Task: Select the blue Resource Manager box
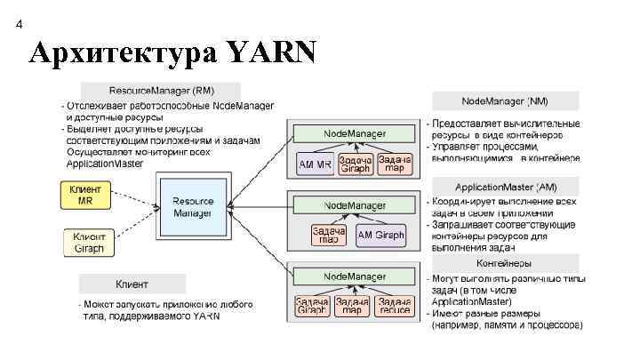point(193,207)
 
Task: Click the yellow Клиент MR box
point(85,195)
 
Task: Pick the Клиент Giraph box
point(88,242)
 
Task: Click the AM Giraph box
point(380,236)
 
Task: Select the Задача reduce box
point(394,306)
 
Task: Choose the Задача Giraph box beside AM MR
point(355,164)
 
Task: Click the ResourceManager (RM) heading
point(161,91)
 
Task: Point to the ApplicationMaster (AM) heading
point(506,187)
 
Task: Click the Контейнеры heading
point(506,264)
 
